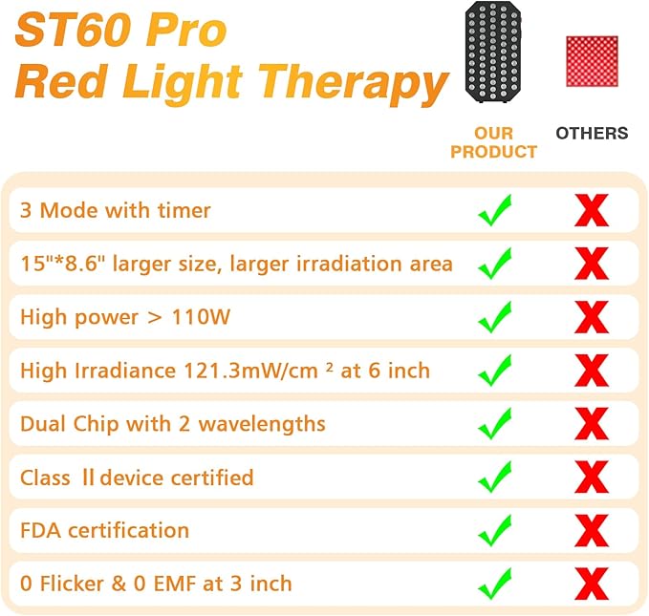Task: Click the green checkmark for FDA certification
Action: click(x=495, y=530)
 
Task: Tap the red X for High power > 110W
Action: click(x=592, y=317)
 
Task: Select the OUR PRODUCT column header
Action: click(x=493, y=142)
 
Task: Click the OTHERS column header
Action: click(x=592, y=133)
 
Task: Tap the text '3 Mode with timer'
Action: click(x=116, y=210)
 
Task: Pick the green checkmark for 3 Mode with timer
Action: click(x=495, y=210)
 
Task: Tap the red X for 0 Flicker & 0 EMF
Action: click(x=592, y=584)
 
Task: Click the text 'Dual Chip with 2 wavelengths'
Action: click(x=173, y=423)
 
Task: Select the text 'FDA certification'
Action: click(x=105, y=530)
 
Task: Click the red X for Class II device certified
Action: click(x=592, y=477)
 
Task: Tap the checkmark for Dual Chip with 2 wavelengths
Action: click(x=495, y=423)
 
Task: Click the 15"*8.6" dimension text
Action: click(x=63, y=264)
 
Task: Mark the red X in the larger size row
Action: click(x=592, y=264)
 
